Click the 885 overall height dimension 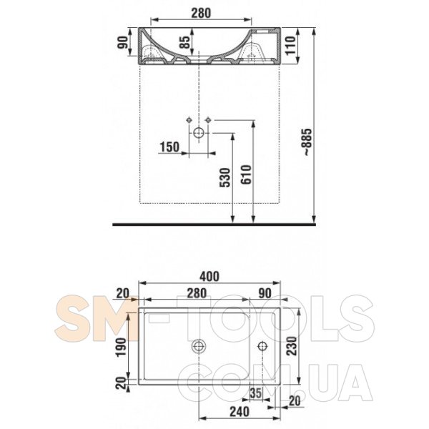[307, 142]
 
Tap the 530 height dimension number [225, 177]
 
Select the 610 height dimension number [246, 174]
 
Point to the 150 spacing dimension [169, 147]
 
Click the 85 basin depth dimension [185, 42]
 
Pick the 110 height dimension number [291, 46]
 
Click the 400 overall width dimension [209, 276]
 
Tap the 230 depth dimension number [292, 346]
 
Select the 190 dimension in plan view [122, 347]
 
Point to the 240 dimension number [240, 412]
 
